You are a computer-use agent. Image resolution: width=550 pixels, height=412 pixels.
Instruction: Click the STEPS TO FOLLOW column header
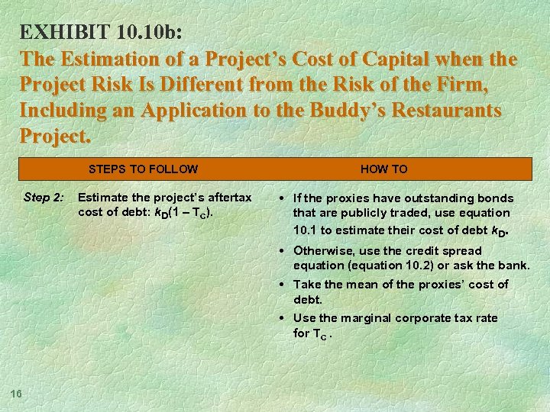(x=143, y=169)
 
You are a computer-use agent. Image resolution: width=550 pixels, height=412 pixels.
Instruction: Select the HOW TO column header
(x=383, y=169)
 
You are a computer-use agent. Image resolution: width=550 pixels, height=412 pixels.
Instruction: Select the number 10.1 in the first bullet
(x=306, y=229)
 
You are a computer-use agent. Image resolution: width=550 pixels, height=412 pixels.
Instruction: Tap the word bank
(x=513, y=266)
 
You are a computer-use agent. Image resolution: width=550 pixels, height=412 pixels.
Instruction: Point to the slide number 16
(x=17, y=393)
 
